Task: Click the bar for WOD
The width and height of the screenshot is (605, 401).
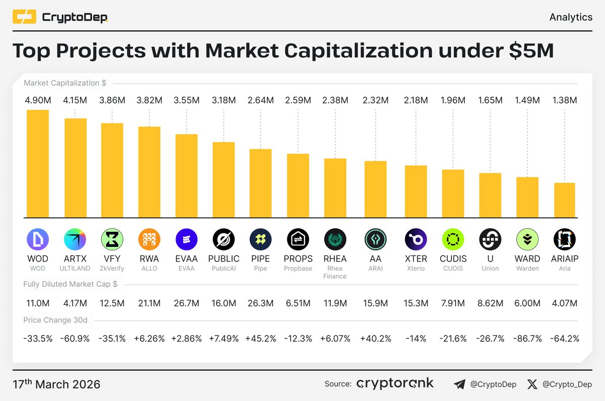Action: [38, 164]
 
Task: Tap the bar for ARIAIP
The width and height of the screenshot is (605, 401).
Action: [565, 200]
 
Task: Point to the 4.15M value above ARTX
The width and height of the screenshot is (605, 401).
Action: [75, 101]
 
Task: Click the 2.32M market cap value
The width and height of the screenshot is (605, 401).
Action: [376, 101]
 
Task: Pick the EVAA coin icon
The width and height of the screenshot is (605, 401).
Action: [187, 239]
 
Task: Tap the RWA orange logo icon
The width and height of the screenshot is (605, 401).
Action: [149, 239]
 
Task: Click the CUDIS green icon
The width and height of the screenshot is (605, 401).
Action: [453, 239]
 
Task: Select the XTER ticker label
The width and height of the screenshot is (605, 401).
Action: [416, 259]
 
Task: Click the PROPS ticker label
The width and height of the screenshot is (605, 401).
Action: [298, 259]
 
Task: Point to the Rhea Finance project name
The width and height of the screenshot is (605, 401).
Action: [335, 272]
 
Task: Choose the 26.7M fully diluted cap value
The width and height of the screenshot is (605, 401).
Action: [187, 303]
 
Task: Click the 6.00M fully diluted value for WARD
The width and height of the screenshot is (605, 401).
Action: [527, 303]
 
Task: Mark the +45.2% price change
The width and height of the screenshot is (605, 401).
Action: [261, 338]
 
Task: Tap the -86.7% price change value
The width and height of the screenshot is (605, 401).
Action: [527, 338]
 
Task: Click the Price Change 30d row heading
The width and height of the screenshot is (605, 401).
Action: [55, 320]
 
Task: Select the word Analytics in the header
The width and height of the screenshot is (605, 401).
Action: [571, 17]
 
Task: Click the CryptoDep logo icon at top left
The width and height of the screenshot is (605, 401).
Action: [24, 18]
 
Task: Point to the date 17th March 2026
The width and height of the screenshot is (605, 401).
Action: [56, 384]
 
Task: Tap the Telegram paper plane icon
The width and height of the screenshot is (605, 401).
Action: [459, 384]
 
